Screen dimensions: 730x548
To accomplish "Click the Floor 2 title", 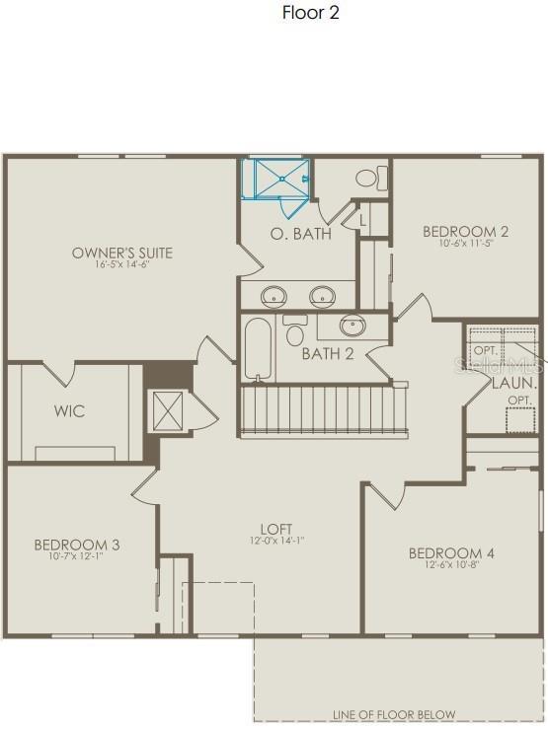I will [x=312, y=13].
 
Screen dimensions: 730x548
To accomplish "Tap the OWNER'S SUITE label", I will [x=122, y=253].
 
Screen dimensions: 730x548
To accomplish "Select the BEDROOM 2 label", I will [x=466, y=232].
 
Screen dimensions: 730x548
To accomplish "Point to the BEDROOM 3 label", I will [x=77, y=545].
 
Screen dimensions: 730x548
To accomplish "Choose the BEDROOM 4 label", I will [x=451, y=553].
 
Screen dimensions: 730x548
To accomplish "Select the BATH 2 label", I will [x=328, y=354].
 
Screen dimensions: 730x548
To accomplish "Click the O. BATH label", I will [x=301, y=234].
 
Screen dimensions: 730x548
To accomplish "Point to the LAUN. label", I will [x=514, y=382].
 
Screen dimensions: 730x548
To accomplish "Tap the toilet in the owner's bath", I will [x=369, y=178].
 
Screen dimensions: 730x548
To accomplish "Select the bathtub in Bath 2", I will [x=256, y=347].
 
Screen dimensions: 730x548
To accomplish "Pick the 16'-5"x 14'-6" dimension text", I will [x=122, y=264].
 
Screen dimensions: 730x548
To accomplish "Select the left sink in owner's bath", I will [x=274, y=294].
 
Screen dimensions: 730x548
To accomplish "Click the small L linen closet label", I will [x=362, y=220].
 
